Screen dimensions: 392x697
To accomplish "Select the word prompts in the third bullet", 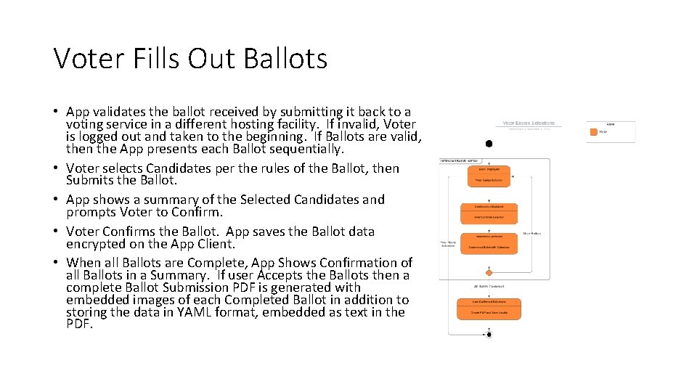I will click(x=91, y=212).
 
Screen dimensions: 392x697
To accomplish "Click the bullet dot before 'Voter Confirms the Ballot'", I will click(x=56, y=232).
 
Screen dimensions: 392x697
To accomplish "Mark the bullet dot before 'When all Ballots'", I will click(x=56, y=263).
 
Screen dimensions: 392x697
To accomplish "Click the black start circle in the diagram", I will click(x=489, y=144).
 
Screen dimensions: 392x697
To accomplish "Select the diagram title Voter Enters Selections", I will click(x=529, y=123).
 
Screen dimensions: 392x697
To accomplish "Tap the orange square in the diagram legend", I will click(x=593, y=132).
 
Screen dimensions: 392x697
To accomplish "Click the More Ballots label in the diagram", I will click(x=531, y=234).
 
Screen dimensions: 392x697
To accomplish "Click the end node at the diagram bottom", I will click(x=489, y=335).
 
